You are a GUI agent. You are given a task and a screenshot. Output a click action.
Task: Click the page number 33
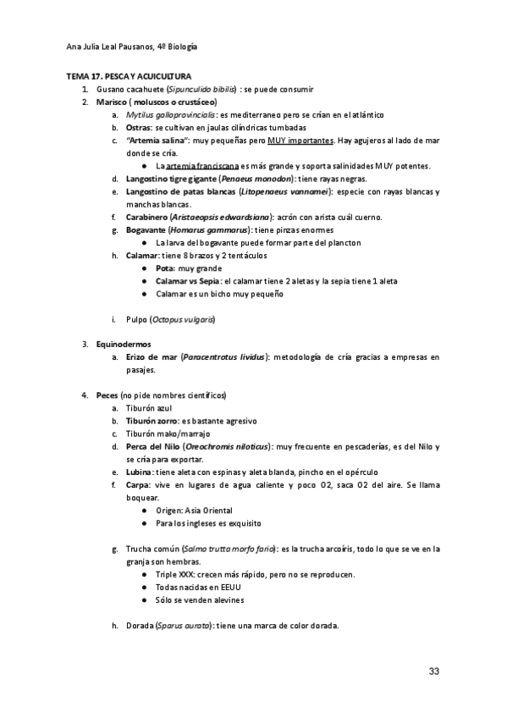pyautogui.click(x=434, y=671)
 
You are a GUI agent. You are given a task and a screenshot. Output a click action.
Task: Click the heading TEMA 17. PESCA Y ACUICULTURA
pyautogui.click(x=129, y=76)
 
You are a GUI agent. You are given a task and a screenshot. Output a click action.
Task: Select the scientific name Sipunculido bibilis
pyautogui.click(x=201, y=89)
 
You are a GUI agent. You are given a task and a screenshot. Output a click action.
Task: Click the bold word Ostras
pyautogui.click(x=139, y=127)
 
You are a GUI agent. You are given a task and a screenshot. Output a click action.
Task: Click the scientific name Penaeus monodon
pyautogui.click(x=255, y=179)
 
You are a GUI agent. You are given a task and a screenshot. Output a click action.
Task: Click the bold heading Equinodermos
pyautogui.click(x=124, y=345)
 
